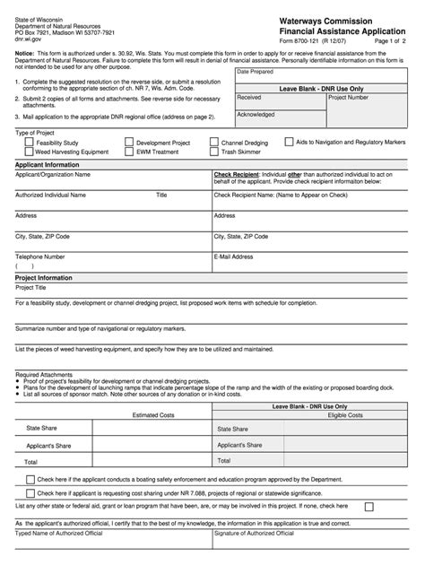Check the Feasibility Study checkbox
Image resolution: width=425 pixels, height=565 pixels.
30,143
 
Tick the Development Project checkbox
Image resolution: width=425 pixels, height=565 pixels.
130,143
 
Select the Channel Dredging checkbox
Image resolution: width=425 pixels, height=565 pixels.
214,143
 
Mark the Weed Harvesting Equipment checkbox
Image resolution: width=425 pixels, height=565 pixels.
30,152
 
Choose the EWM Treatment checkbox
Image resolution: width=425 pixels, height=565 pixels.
130,152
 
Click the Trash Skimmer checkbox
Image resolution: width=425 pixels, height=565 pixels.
214,152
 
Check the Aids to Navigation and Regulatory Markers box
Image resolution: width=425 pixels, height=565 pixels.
289,142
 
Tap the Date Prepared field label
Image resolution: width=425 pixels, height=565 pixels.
256,71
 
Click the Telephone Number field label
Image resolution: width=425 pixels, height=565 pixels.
40,256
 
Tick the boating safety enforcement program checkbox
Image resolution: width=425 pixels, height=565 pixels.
31,480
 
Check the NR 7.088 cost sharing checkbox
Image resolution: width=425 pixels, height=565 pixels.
31,493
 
